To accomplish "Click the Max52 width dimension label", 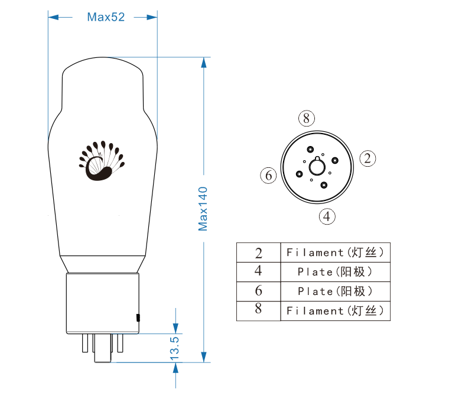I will pyautogui.click(x=106, y=17).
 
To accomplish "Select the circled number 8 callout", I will pyautogui.click(x=305, y=118).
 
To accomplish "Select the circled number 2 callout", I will pyautogui.click(x=368, y=158).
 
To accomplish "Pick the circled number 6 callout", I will pyautogui.click(x=268, y=176).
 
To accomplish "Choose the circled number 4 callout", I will pyautogui.click(x=327, y=216).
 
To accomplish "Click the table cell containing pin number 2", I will pyautogui.click(x=258, y=252).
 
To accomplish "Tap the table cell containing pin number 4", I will pyautogui.click(x=258, y=272).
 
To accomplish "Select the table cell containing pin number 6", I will pyautogui.click(x=258, y=291).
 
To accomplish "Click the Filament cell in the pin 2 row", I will pyautogui.click(x=335, y=252).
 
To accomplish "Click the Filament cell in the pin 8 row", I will pyautogui.click(x=335, y=311).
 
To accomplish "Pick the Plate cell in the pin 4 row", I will pyautogui.click(x=335, y=272).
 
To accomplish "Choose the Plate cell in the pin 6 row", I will pyautogui.click(x=335, y=291).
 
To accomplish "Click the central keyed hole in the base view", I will pyautogui.click(x=317, y=167).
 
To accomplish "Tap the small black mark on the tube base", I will pyautogui.click(x=138, y=318).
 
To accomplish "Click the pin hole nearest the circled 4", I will pyautogui.click(x=324, y=185).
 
